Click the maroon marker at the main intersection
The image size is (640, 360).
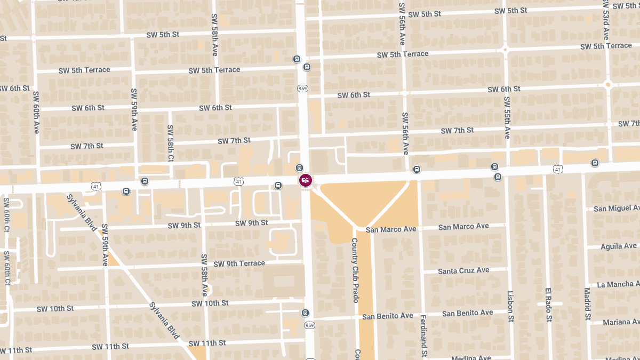[x=305, y=180]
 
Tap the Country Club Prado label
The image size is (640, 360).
[x=355, y=270]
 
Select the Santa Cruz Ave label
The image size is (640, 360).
[x=463, y=271]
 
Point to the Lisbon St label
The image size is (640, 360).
[x=510, y=306]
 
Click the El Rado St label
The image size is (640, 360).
[x=548, y=305]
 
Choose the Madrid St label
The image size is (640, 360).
[x=587, y=304]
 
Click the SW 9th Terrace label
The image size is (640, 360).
[x=239, y=263]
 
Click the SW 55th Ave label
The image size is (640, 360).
[x=507, y=117]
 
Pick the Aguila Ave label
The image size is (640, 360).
[x=619, y=246]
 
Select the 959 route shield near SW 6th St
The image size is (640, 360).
[x=303, y=89]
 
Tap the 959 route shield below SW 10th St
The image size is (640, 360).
[x=309, y=325]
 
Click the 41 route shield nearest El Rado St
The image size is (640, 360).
[x=558, y=169]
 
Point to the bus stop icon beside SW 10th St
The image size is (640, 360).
[x=305, y=313]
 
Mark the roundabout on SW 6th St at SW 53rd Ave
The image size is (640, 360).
[x=607, y=84]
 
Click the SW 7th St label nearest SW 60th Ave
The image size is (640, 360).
[x=86, y=146]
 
